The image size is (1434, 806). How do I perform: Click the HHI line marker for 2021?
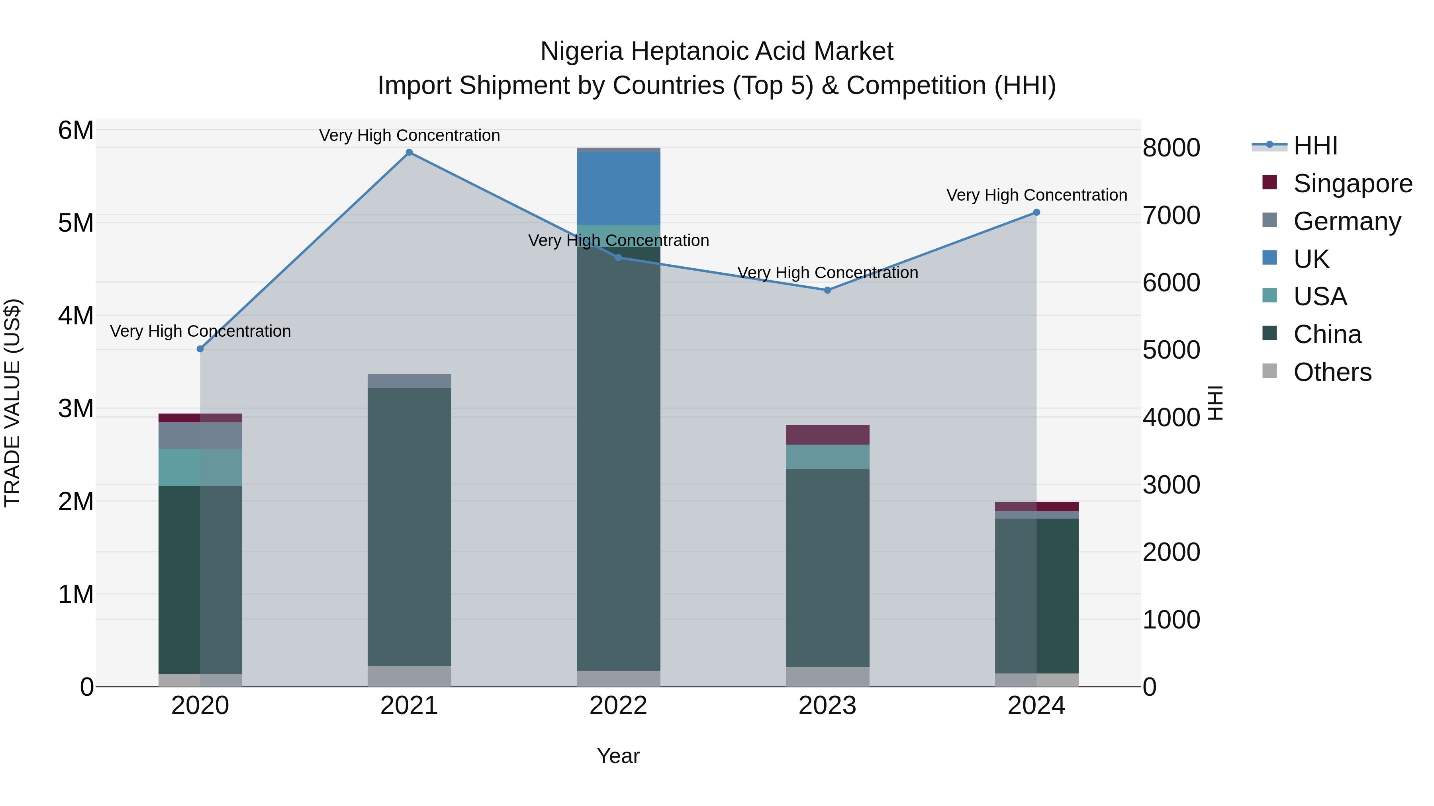[x=409, y=152]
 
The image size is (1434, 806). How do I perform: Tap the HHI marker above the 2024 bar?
[x=1036, y=213]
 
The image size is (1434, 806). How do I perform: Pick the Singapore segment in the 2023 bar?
[x=827, y=435]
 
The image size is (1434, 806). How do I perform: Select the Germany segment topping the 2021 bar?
[x=409, y=381]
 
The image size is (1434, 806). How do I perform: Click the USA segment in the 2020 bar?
[x=200, y=467]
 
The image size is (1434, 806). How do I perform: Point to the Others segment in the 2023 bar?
[x=827, y=676]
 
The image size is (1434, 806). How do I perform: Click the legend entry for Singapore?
[x=1352, y=183]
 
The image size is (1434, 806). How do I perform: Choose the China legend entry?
[x=1327, y=334]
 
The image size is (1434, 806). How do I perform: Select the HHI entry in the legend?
[x=1315, y=146]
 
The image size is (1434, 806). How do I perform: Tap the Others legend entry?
[x=1332, y=372]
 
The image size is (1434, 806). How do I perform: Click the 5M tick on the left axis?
[x=76, y=223]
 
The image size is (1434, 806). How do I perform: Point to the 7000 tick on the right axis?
[x=1171, y=215]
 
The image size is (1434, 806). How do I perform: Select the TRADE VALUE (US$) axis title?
[x=12, y=403]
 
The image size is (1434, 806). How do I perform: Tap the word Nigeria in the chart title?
[x=581, y=51]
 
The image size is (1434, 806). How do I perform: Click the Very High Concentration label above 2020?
[x=200, y=331]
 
